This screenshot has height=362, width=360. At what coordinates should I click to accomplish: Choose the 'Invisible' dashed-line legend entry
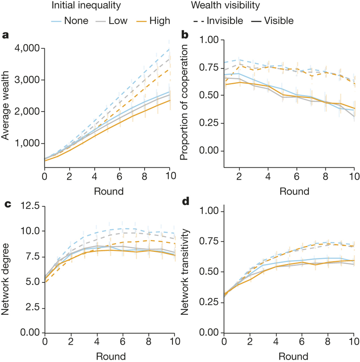tap(225, 20)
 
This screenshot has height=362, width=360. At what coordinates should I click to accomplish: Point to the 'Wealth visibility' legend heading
tap(226, 6)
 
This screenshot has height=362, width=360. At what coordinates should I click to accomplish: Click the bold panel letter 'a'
tap(5, 35)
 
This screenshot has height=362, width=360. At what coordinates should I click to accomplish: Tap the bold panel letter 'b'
tap(185, 35)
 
